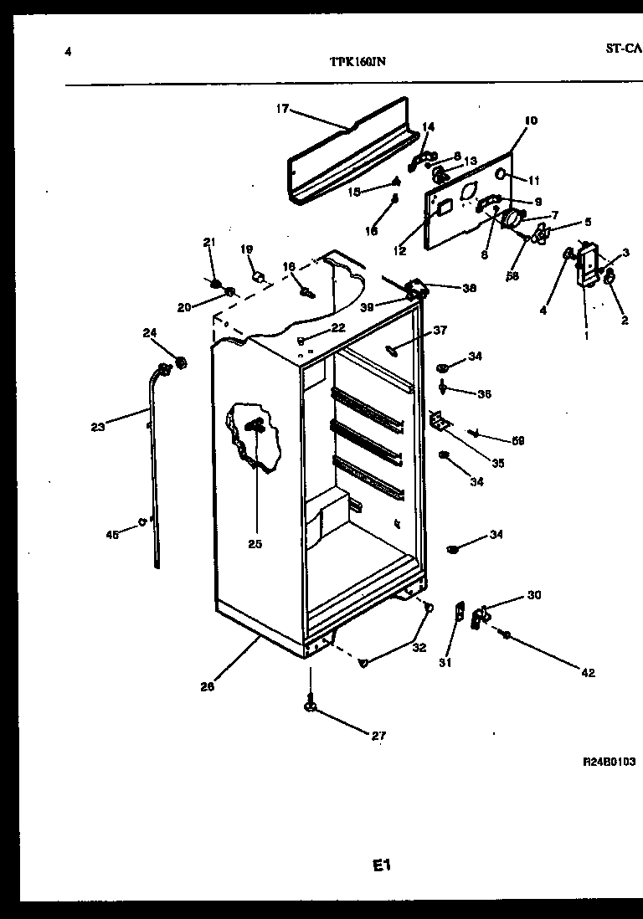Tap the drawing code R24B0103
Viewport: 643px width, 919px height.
[x=609, y=762]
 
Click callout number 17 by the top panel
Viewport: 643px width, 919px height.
[x=281, y=108]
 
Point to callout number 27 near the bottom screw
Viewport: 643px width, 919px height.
[x=379, y=737]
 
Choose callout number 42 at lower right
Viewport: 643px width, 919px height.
[x=588, y=672]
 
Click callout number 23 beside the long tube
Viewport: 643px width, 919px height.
[x=98, y=427]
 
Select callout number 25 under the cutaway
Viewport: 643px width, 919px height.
[x=255, y=544]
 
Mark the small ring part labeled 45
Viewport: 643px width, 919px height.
[x=143, y=522]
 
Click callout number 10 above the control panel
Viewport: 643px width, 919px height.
[x=531, y=121]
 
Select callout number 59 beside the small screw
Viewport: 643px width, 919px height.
[x=517, y=440]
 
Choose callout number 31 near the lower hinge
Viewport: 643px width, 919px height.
[x=445, y=666]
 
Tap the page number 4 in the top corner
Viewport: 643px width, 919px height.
[x=67, y=52]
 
